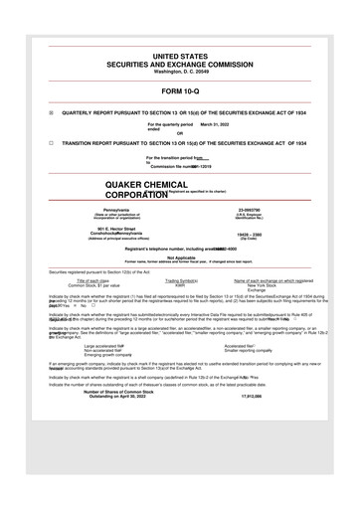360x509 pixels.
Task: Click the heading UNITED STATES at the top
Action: [180, 60]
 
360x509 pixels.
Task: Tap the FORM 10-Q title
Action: [180, 92]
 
